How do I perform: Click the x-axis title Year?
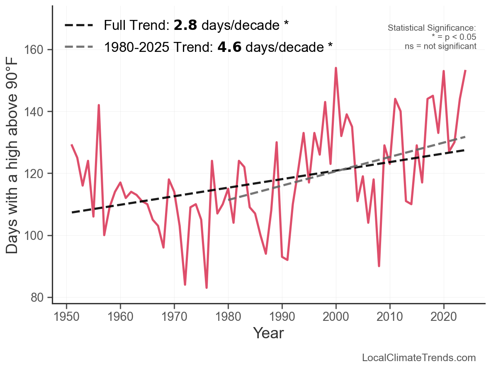268,333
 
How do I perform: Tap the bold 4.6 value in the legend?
229,46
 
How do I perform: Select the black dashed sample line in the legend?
79,26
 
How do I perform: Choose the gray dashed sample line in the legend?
79,46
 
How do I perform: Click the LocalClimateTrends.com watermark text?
419,358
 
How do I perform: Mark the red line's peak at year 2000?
336,68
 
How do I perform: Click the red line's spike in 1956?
99,105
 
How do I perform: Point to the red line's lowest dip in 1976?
207,288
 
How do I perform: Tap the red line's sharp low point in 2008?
379,266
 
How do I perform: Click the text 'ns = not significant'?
440,46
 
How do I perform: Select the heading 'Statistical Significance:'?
432,28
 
